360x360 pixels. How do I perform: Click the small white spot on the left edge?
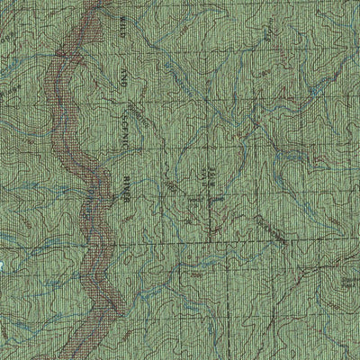(3, 265)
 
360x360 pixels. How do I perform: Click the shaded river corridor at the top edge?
(86, 4)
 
